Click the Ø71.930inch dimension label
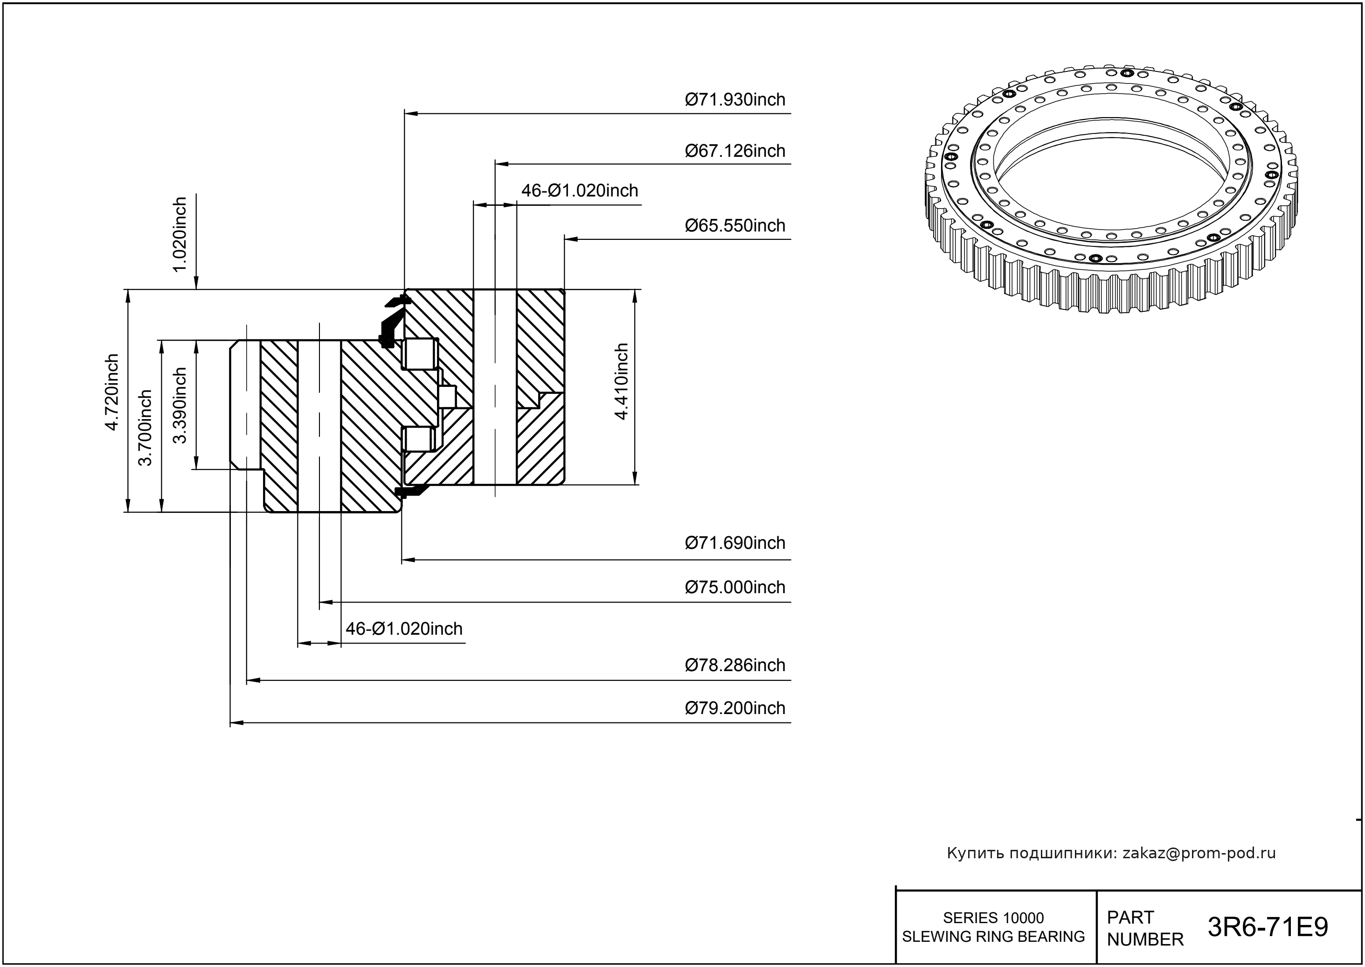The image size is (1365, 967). click(x=735, y=99)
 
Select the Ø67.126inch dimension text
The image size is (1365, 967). click(x=735, y=151)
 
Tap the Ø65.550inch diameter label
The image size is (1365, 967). click(x=735, y=226)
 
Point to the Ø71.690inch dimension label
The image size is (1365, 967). click(x=735, y=543)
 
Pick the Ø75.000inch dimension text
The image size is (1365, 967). click(x=735, y=587)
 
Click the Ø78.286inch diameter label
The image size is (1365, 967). click(x=735, y=665)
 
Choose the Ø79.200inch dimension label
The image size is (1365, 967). click(x=735, y=708)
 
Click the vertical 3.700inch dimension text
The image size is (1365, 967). click(x=145, y=427)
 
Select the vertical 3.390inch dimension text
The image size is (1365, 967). click(x=180, y=406)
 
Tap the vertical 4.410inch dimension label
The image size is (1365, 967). click(x=622, y=382)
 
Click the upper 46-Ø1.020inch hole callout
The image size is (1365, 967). click(x=580, y=190)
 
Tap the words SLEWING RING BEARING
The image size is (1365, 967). click(x=993, y=937)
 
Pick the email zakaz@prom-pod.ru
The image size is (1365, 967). click(x=1199, y=853)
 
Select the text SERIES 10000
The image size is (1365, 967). click(x=993, y=918)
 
